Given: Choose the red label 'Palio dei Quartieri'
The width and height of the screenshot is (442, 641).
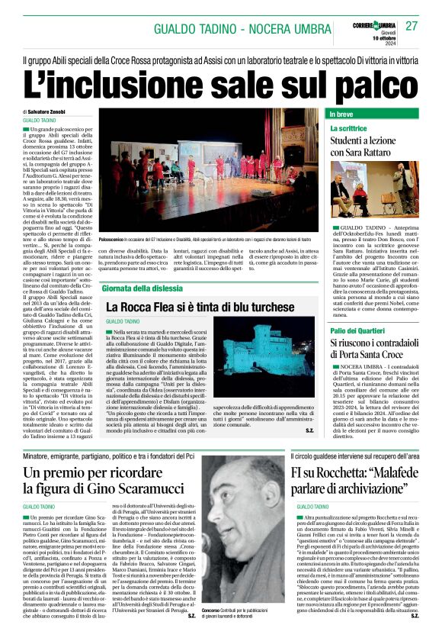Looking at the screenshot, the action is click(357, 331).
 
